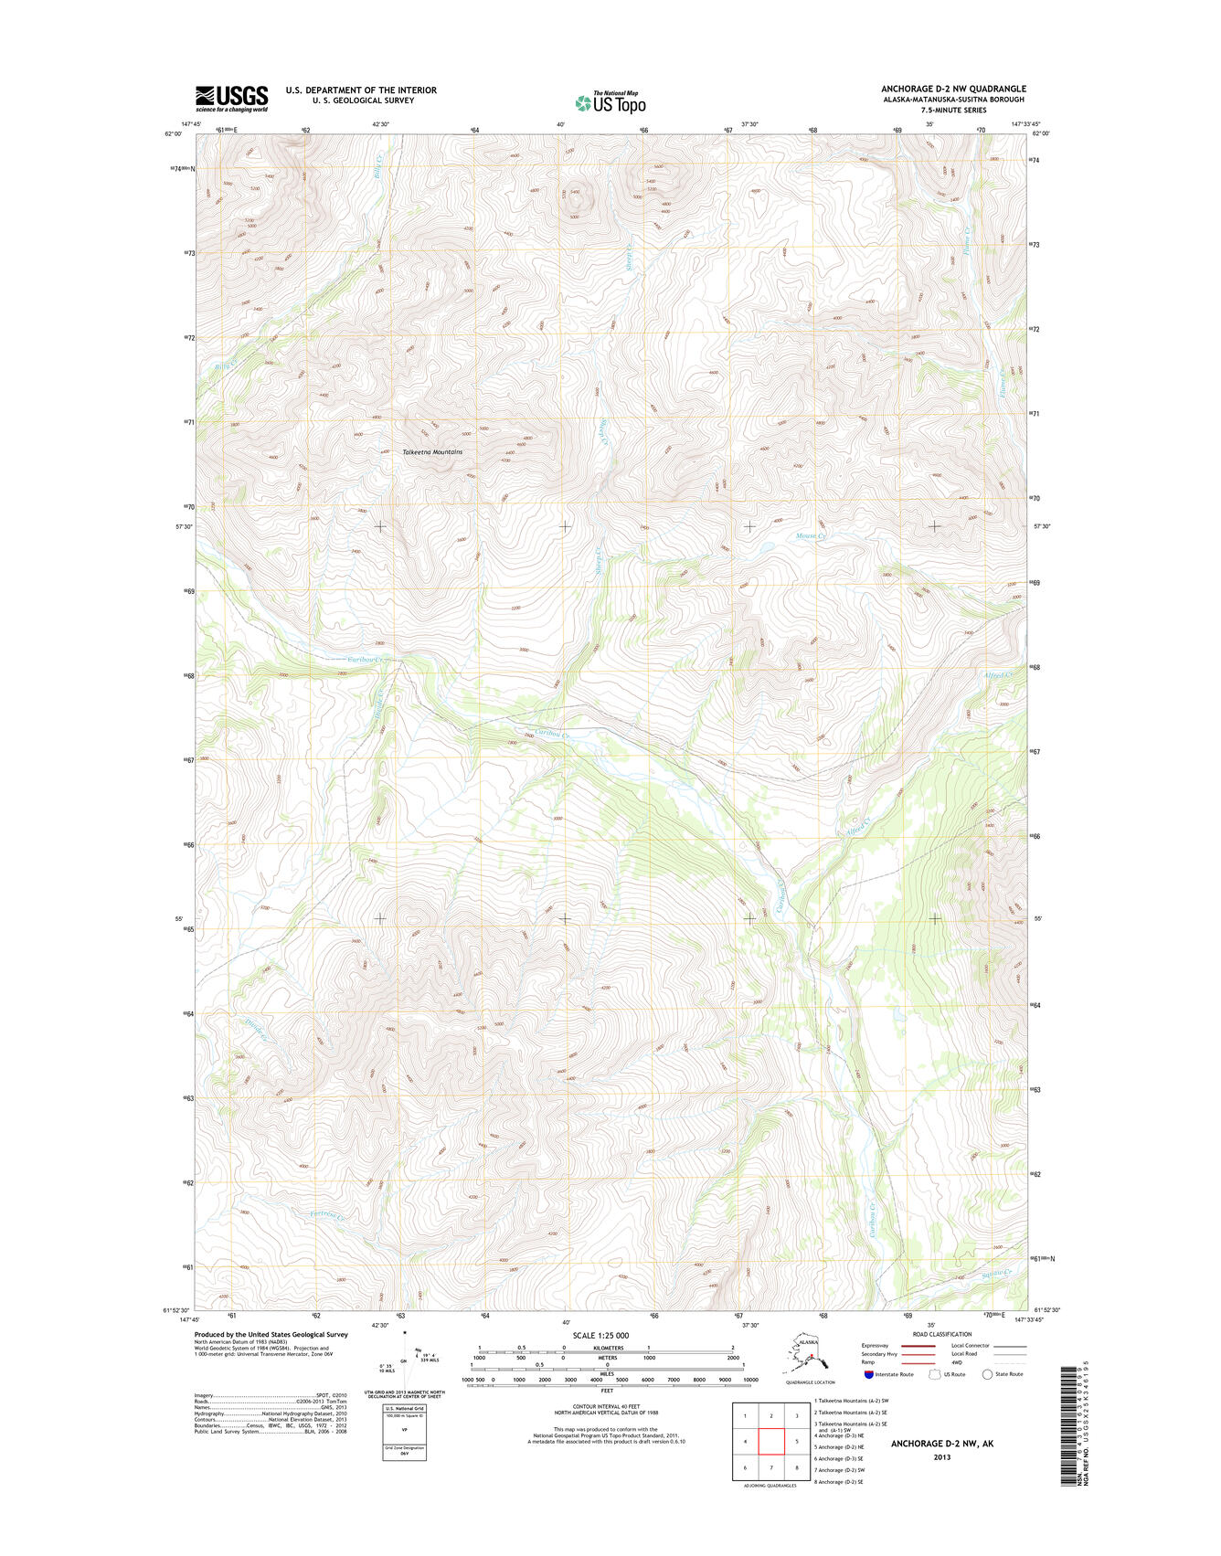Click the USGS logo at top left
tap(231, 97)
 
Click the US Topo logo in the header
tap(610, 102)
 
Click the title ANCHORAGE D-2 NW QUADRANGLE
tap(953, 89)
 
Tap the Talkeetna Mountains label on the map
tap(432, 452)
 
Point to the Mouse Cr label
tap(810, 536)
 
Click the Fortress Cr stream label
tap(327, 1216)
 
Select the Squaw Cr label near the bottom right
tap(997, 1273)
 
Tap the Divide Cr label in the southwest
tap(255, 1032)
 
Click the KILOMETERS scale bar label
tap(607, 1348)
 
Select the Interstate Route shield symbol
tap(868, 1374)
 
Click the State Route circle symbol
tap(987, 1374)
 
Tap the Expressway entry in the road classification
tap(875, 1346)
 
